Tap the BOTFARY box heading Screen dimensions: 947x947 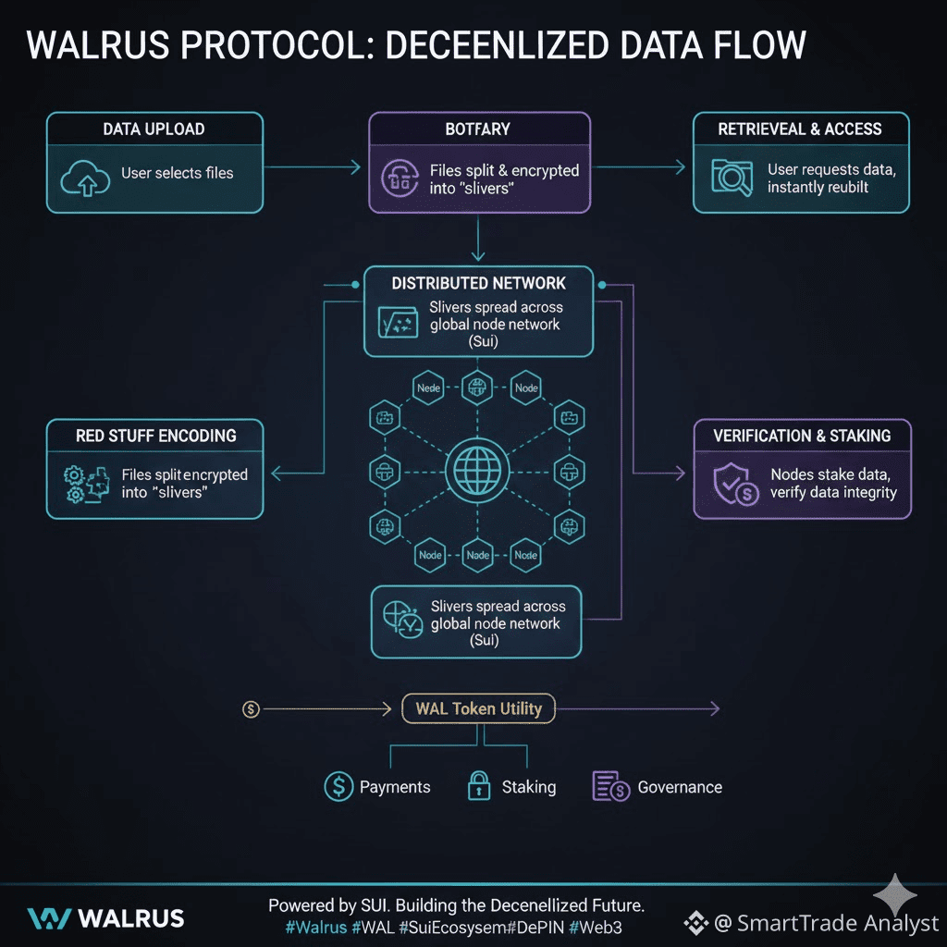pyautogui.click(x=478, y=129)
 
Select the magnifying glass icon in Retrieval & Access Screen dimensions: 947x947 pyautogui.click(x=732, y=178)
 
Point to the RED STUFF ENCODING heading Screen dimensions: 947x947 pyautogui.click(x=155, y=436)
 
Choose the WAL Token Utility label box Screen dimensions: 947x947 pyautogui.click(x=478, y=709)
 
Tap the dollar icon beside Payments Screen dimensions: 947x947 pyautogui.click(x=338, y=787)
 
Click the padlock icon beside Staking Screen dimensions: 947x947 pyautogui.click(x=477, y=786)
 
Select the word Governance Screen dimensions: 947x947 pyautogui.click(x=680, y=788)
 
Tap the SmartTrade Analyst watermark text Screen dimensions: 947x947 pyautogui.click(x=836, y=923)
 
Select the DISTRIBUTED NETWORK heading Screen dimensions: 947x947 pyautogui.click(x=478, y=282)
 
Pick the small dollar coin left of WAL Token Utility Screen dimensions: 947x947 pyautogui.click(x=250, y=709)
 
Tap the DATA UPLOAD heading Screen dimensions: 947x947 pyautogui.click(x=154, y=129)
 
